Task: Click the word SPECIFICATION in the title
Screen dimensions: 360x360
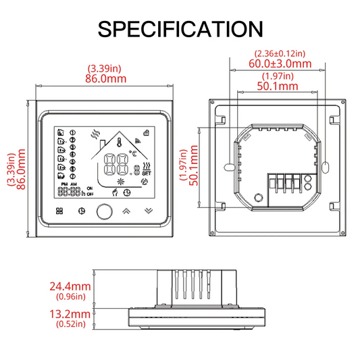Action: [x=180, y=28]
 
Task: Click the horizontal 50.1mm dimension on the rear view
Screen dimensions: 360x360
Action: [x=278, y=86]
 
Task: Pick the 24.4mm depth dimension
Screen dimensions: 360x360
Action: [x=70, y=286]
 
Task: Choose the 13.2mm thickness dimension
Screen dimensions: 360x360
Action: [x=70, y=314]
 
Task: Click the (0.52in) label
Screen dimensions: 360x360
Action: [x=70, y=324]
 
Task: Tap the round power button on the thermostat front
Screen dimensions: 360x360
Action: [x=103, y=211]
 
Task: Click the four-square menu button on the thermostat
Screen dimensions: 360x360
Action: [x=59, y=211]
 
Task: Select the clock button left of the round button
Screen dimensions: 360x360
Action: [x=82, y=211]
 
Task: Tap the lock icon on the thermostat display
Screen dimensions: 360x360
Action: [x=147, y=132]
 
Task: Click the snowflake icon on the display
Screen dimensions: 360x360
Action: [x=122, y=181]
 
